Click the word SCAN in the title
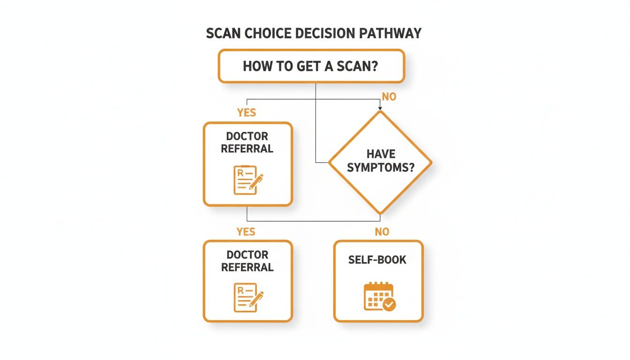click(224, 34)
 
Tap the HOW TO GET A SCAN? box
click(311, 66)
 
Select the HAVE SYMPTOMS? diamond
click(380, 162)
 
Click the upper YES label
click(246, 113)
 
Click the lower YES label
click(246, 232)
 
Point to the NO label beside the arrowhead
click(389, 97)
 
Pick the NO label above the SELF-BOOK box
click(382, 232)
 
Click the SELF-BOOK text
click(377, 260)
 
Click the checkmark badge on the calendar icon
click(389, 305)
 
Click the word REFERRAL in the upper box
click(247, 149)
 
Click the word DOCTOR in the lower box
click(247, 255)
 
